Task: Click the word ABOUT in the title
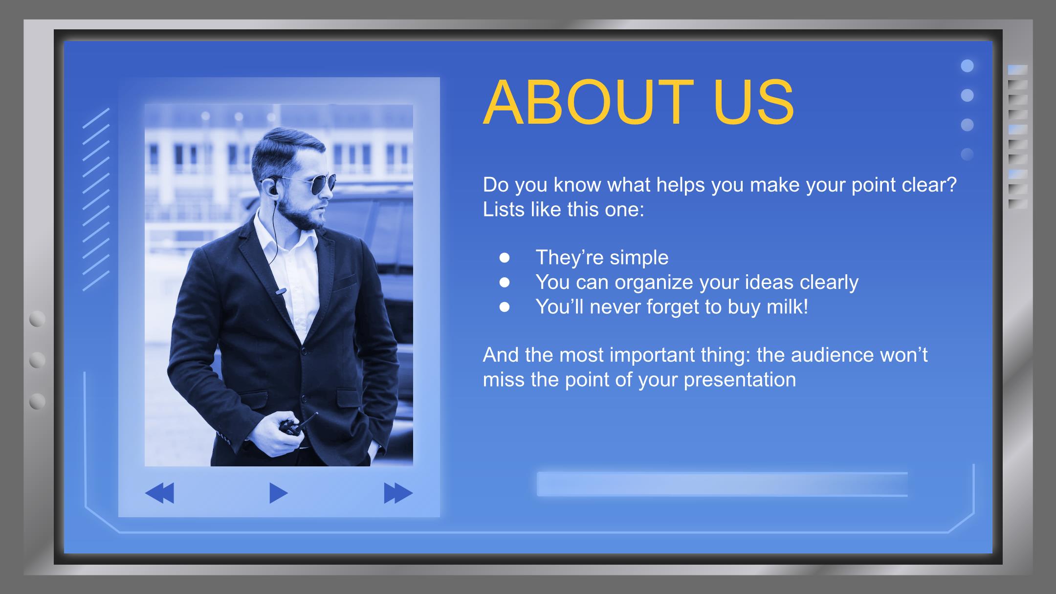click(588, 103)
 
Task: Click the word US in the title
click(753, 103)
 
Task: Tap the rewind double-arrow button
click(159, 493)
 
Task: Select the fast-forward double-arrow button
click(398, 493)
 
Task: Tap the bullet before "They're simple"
click(505, 258)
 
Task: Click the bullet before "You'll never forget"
click(505, 307)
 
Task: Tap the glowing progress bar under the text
click(722, 484)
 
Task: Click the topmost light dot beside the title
click(967, 66)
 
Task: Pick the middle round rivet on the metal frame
click(37, 360)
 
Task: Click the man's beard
click(304, 215)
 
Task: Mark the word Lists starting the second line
click(504, 209)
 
